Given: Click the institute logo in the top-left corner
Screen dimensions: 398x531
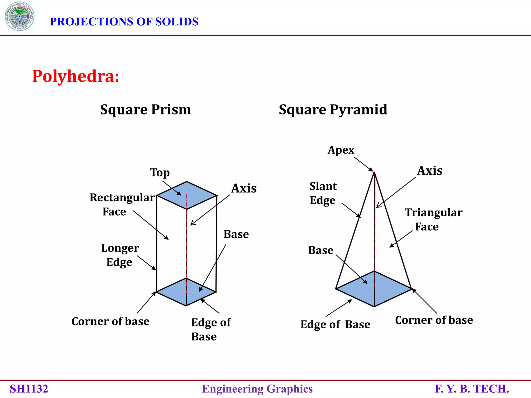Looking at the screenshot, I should pyautogui.click(x=19, y=16).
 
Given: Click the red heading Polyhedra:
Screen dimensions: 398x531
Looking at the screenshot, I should pyautogui.click(x=75, y=76).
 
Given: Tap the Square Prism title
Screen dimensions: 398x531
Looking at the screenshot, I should pyautogui.click(x=145, y=110).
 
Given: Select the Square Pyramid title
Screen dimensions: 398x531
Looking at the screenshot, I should pyautogui.click(x=333, y=110).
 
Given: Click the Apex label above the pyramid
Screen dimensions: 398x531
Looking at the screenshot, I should pyautogui.click(x=341, y=150).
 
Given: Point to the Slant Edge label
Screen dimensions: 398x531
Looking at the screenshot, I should pyautogui.click(x=323, y=193).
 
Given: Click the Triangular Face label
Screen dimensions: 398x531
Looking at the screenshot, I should pyautogui.click(x=433, y=219).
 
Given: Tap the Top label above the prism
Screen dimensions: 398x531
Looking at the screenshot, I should pyautogui.click(x=160, y=173).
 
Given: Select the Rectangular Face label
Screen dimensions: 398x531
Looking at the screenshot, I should pyautogui.click(x=122, y=204).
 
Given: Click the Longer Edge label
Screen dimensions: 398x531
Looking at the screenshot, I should pyautogui.click(x=120, y=255).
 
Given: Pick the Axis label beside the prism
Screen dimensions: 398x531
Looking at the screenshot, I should pyautogui.click(x=244, y=188).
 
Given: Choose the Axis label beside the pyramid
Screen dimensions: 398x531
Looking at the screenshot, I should pyautogui.click(x=430, y=171).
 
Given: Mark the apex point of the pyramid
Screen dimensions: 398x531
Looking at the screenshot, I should pyautogui.click(x=374, y=172).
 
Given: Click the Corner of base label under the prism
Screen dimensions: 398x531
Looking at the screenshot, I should pyautogui.click(x=110, y=322).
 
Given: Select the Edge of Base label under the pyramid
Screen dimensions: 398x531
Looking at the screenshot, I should pyautogui.click(x=335, y=325).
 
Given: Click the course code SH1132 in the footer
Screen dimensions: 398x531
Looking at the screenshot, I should pyautogui.click(x=29, y=389).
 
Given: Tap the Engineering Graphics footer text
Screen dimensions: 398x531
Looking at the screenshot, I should pyautogui.click(x=257, y=389).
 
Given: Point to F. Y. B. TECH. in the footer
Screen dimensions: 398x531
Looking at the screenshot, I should pyautogui.click(x=472, y=389).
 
